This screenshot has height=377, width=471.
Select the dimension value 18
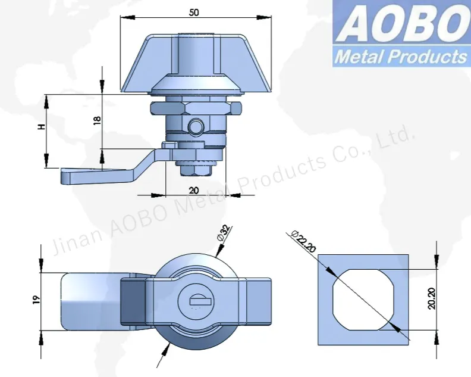coord(98,119)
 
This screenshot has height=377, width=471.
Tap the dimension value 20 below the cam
coord(193,190)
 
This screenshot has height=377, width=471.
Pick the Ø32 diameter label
coord(224,233)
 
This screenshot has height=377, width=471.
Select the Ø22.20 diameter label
coord(304,242)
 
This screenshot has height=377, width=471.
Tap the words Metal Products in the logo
coord(400,57)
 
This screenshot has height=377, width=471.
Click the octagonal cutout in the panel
coord(364,298)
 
